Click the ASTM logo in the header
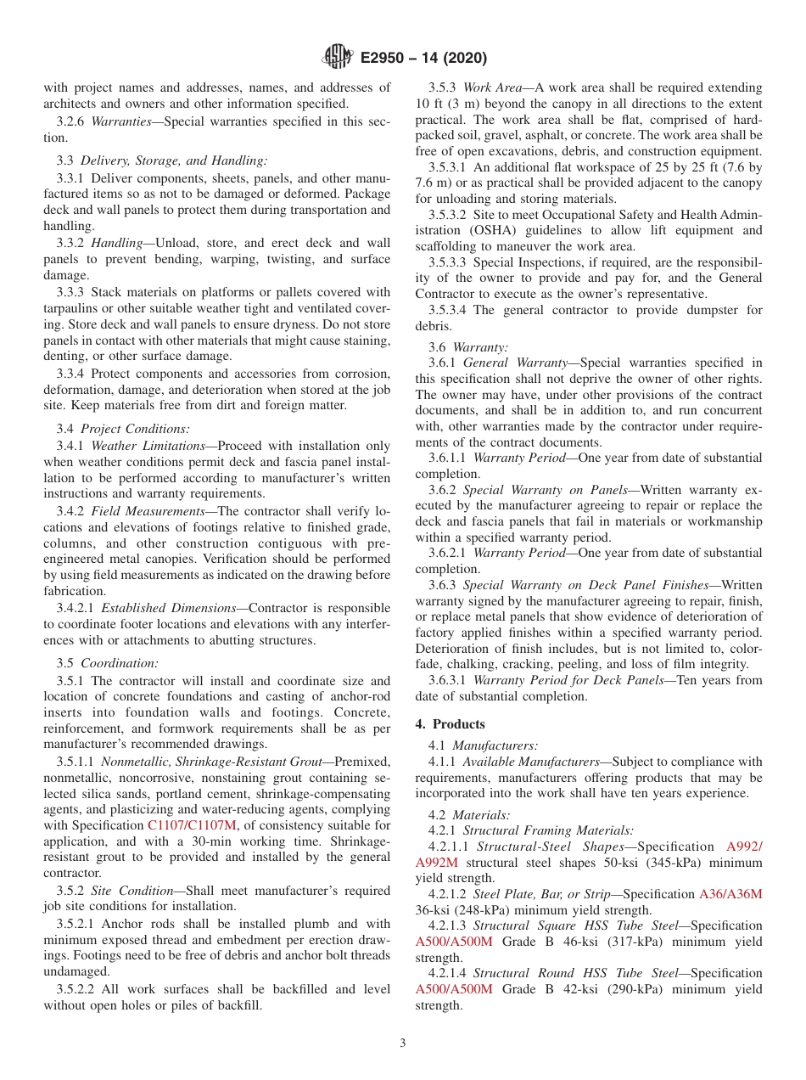coord(338,58)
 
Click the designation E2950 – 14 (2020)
coord(423,59)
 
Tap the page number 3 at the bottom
coord(403,1043)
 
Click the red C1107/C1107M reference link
coord(192,825)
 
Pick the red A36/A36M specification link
coord(730,894)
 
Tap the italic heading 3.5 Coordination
coord(107,663)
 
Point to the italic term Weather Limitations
coord(148,446)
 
